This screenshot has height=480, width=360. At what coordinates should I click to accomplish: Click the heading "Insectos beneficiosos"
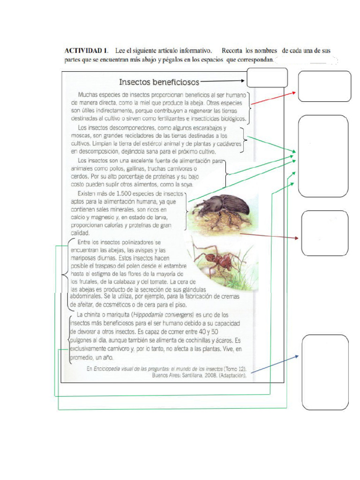[x=159, y=82]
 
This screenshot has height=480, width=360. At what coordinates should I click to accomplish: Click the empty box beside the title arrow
[x=267, y=77]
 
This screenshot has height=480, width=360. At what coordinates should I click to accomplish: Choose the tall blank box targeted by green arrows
[x=323, y=156]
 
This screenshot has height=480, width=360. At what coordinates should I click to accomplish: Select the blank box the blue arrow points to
[x=325, y=373]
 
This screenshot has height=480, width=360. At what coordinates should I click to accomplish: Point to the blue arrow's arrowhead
[x=296, y=357]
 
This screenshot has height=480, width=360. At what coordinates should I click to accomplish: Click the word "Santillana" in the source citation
[x=201, y=375]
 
